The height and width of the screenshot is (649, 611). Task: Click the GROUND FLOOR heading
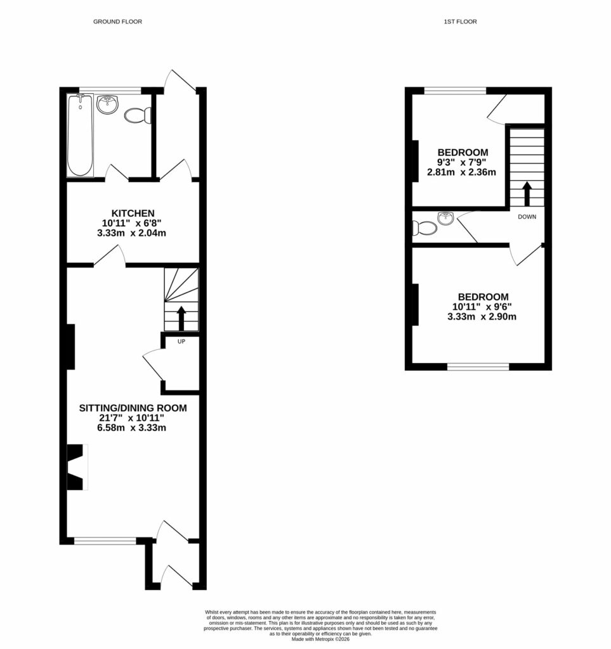click(117, 22)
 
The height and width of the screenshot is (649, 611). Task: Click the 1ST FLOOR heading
click(460, 22)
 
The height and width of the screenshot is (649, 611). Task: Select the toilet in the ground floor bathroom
click(138, 115)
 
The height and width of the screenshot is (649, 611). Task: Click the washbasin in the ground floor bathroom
click(108, 105)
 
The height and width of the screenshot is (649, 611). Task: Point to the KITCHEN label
click(133, 213)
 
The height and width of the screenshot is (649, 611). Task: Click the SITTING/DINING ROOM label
click(133, 408)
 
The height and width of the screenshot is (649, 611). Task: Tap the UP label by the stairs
click(181, 342)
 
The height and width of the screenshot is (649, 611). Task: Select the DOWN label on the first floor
click(527, 217)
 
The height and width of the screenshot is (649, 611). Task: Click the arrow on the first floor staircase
click(526, 194)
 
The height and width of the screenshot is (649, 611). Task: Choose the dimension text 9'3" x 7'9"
click(463, 162)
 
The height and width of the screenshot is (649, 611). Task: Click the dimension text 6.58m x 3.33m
click(133, 428)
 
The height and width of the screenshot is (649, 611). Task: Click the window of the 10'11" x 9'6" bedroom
click(478, 366)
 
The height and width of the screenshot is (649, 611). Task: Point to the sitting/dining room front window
click(105, 541)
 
